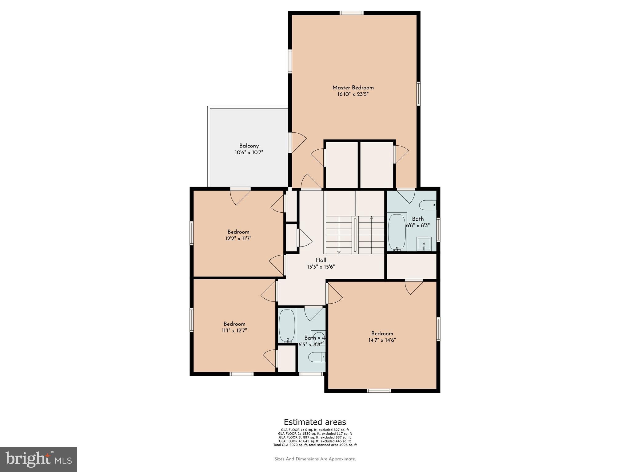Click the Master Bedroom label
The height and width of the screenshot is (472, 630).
[353, 88]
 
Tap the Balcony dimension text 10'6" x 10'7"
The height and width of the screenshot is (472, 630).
[249, 152]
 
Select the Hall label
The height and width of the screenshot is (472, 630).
[321, 260]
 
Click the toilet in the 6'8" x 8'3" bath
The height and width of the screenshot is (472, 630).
[428, 205]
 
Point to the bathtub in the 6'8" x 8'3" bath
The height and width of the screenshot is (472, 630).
[397, 232]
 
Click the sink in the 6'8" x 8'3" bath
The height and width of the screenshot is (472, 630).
[424, 244]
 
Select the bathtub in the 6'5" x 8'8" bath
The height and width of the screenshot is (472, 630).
[287, 325]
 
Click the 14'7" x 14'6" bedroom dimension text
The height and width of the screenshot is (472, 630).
[382, 340]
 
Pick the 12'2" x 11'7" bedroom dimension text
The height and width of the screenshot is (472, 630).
[238, 238]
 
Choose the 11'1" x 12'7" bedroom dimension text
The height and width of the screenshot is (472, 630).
[234, 331]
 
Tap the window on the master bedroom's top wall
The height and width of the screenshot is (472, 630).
[352, 13]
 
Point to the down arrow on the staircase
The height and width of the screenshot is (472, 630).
[339, 252]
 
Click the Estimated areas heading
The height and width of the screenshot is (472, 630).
[315, 422]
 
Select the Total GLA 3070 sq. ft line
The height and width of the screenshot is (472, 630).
[315, 445]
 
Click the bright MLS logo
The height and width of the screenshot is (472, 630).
[38, 459]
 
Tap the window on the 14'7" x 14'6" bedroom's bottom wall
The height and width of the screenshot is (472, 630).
[379, 391]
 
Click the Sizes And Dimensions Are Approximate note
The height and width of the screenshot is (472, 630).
[315, 459]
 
